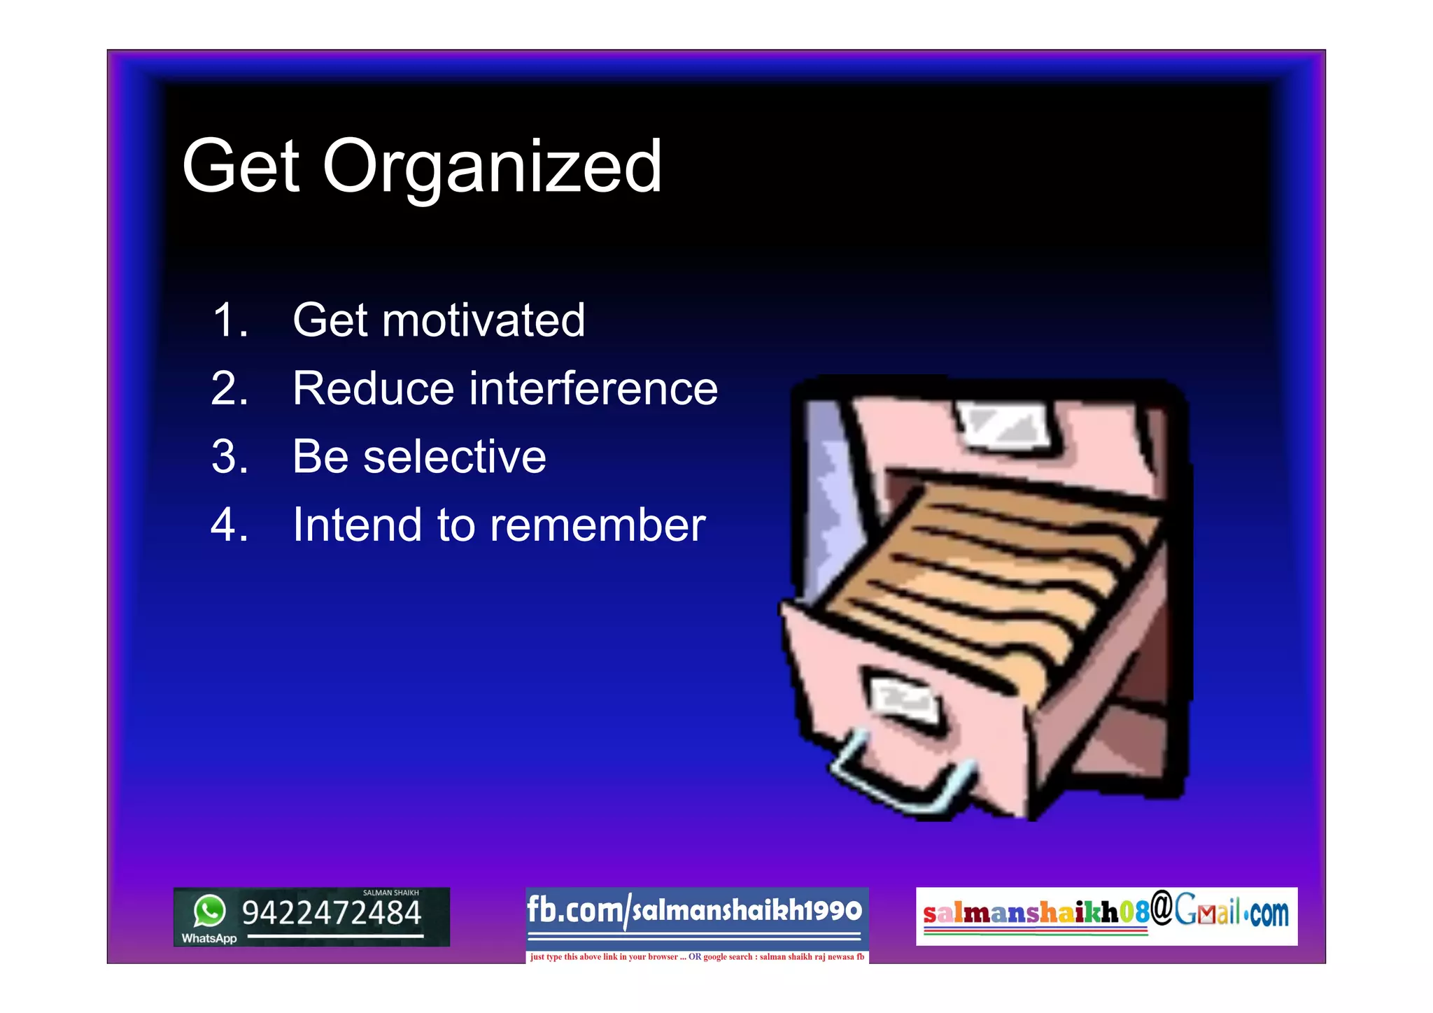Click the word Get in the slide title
(x=241, y=167)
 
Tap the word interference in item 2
(x=593, y=389)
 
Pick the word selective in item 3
(x=454, y=458)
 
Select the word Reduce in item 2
(x=373, y=389)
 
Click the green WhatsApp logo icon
(x=210, y=911)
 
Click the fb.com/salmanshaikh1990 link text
(x=694, y=911)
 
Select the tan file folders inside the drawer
(x=994, y=574)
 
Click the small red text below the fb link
(x=697, y=957)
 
